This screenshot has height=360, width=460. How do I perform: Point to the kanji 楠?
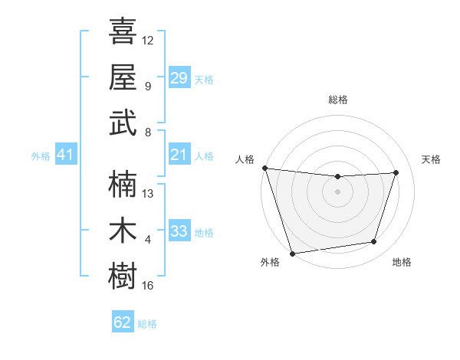click(123, 184)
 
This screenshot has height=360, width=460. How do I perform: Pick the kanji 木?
click(123, 230)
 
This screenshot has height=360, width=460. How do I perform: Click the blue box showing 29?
click(179, 77)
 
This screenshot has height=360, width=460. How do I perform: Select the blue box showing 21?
click(179, 155)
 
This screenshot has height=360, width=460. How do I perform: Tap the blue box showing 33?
click(179, 231)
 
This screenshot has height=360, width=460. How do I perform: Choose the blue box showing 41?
click(65, 155)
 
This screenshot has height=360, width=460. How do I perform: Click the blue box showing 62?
click(123, 322)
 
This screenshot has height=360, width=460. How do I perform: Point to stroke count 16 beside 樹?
click(148, 286)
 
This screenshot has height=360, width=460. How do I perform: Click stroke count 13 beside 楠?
click(148, 194)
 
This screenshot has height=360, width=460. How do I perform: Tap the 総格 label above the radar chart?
click(337, 100)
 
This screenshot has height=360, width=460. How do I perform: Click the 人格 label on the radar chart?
click(245, 159)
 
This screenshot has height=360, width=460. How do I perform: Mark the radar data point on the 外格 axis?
click(292, 253)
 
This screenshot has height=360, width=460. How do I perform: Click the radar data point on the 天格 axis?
click(396, 172)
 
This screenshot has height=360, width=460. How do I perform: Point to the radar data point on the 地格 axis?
click(374, 242)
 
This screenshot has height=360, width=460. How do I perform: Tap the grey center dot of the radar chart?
click(337, 191)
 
